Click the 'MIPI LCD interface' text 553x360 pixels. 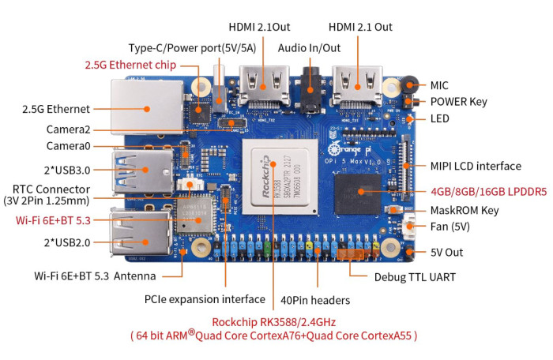pyautogui.click(x=476, y=166)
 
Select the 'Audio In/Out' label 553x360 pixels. pyautogui.click(x=309, y=47)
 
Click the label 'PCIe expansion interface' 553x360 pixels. pyautogui.click(x=205, y=299)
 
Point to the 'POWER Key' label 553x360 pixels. pyautogui.click(x=458, y=102)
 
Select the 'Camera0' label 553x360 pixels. pyautogui.click(x=68, y=146)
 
